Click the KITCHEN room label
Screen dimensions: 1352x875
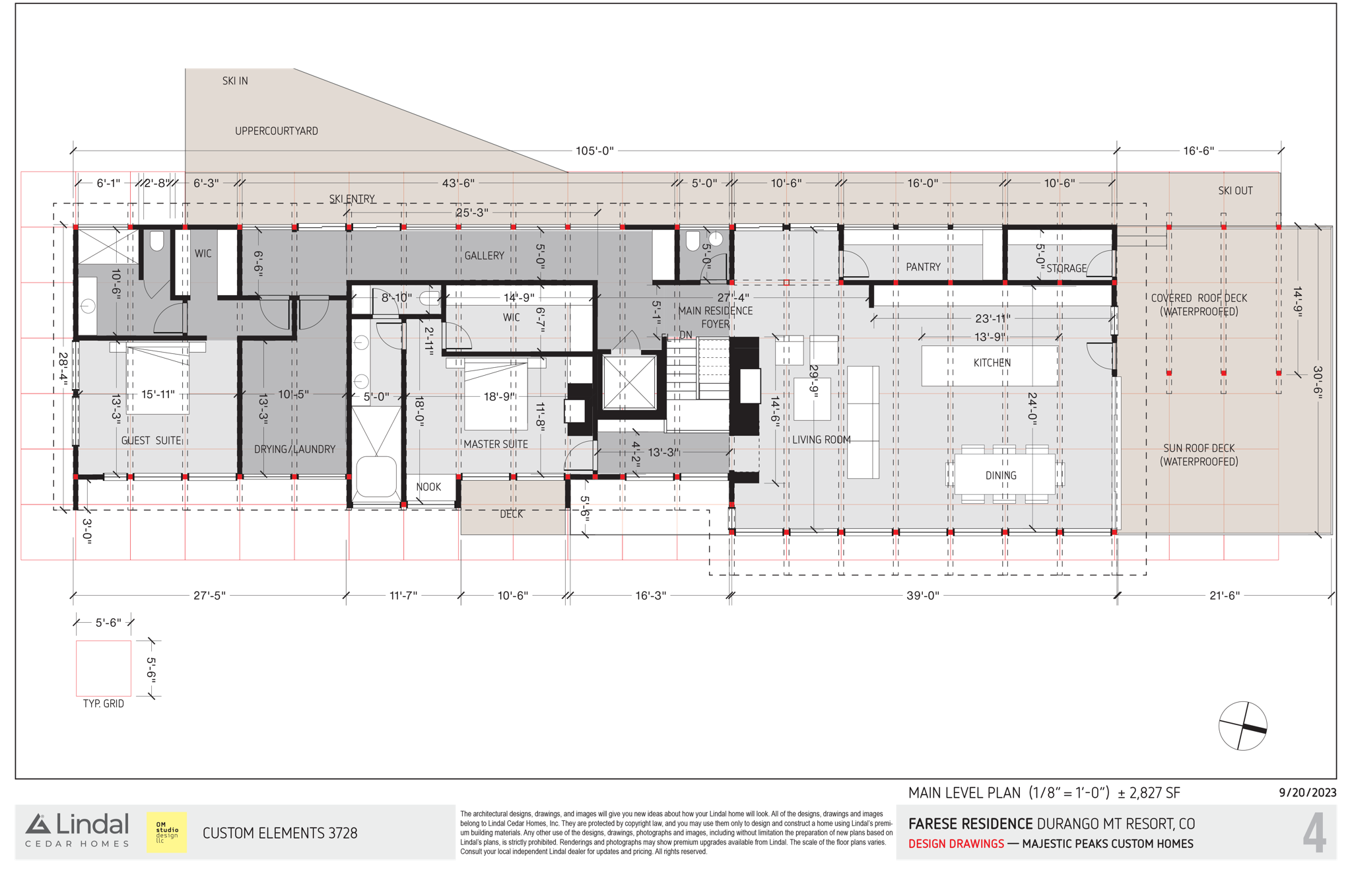click(x=992, y=363)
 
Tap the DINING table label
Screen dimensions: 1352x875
click(x=1001, y=475)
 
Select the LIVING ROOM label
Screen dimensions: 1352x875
click(x=821, y=440)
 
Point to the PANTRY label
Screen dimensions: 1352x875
click(x=923, y=267)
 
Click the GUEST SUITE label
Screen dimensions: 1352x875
click(x=151, y=440)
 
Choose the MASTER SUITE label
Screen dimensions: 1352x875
click(x=496, y=444)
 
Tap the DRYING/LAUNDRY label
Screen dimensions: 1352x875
click(x=295, y=449)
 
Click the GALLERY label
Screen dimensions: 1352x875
click(x=484, y=256)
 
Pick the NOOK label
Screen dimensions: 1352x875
click(x=428, y=487)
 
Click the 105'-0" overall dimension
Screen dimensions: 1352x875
click(x=595, y=151)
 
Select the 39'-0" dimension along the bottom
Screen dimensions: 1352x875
click(x=922, y=596)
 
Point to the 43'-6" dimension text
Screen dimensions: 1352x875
click(x=458, y=183)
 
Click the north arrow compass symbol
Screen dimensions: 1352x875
click(x=1242, y=726)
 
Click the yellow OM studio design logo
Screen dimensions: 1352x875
click(x=166, y=832)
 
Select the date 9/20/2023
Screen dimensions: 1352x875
click(x=1308, y=792)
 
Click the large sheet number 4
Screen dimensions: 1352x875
click(x=1314, y=833)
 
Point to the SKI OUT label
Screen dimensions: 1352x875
click(x=1235, y=191)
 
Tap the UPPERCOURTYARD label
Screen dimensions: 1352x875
click(x=277, y=131)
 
